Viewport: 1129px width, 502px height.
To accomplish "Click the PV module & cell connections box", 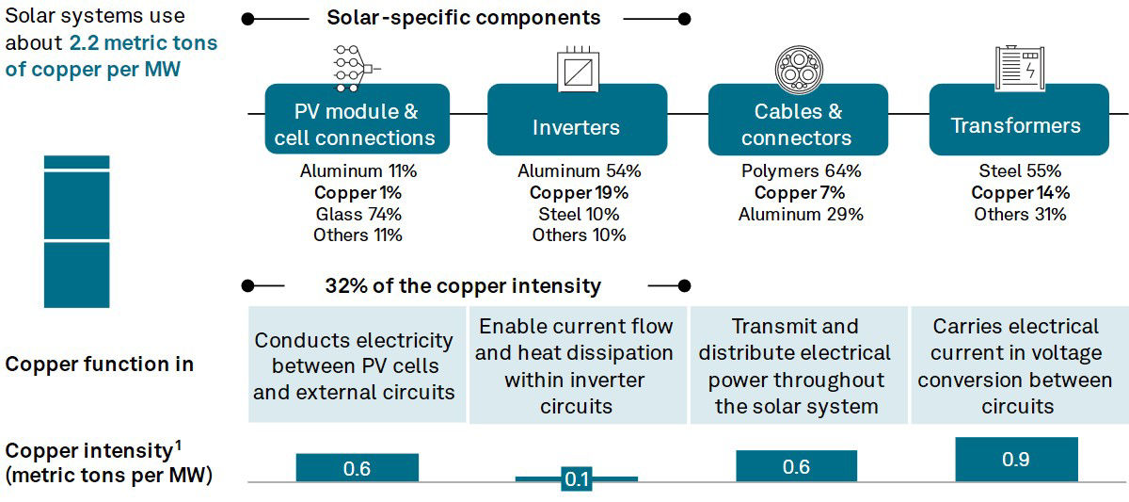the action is tap(358, 119).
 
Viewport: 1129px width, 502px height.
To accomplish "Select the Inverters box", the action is tap(577, 120).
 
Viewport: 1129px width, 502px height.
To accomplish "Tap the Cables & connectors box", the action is tap(798, 120).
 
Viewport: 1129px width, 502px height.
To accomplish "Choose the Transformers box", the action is tap(1019, 120).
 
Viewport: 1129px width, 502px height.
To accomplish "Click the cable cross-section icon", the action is tap(799, 70).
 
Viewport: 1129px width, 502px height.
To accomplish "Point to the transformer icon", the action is tap(1020, 68).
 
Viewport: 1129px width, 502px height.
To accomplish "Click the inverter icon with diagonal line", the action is tap(578, 70).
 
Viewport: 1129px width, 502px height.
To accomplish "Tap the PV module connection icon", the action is tap(356, 69).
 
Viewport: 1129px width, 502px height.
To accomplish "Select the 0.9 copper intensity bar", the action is tap(1016, 459).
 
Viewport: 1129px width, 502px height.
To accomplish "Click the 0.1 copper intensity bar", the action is tap(577, 478).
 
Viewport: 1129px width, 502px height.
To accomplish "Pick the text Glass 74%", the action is tap(358, 214).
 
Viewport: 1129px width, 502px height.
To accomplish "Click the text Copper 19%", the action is tap(579, 192).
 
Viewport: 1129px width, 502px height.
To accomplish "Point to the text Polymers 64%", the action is tap(801, 171).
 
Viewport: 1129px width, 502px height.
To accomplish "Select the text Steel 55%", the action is tap(1020, 170).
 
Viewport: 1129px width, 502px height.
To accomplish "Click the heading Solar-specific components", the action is tap(464, 18).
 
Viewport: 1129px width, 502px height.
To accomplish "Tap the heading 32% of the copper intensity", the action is tap(463, 285).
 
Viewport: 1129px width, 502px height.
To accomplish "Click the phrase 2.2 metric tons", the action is tap(143, 43).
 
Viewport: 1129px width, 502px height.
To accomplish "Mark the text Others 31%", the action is tap(1020, 214).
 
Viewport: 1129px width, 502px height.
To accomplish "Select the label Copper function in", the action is tap(100, 364).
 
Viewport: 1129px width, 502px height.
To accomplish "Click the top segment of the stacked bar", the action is tap(76, 162).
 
